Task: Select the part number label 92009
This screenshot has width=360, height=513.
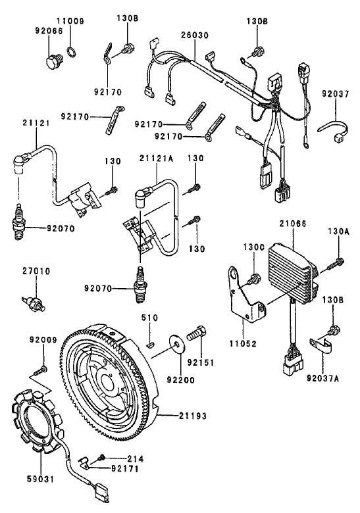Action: pyautogui.click(x=42, y=340)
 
